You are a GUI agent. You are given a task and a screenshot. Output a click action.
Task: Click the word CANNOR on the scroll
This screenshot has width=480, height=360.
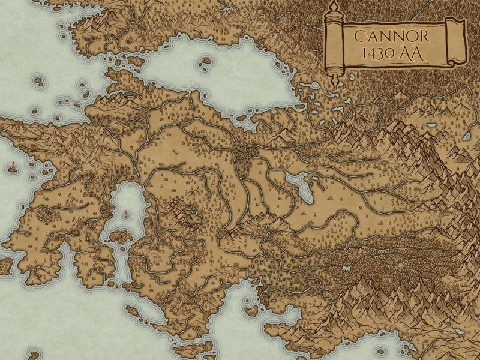pyautogui.click(x=391, y=35)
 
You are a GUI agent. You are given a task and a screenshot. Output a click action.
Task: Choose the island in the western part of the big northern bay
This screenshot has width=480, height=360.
pyautogui.click(x=205, y=62)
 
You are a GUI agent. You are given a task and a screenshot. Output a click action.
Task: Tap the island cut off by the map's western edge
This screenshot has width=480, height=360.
pyautogui.click(x=4, y=264)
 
